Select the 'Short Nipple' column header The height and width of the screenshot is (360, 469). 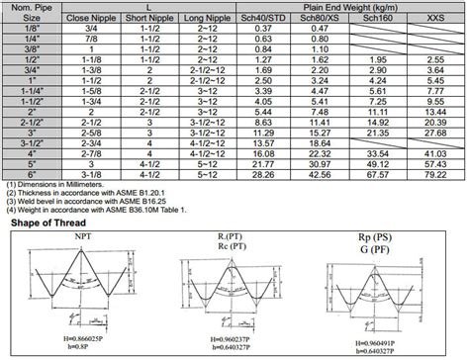[x=145, y=18]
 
